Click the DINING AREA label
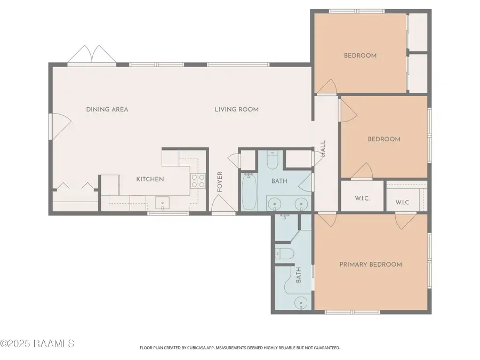pyautogui.click(x=107, y=109)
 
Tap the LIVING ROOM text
pyautogui.click(x=236, y=109)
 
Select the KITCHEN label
pyautogui.click(x=150, y=179)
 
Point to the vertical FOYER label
pyautogui.click(x=219, y=182)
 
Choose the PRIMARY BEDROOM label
pyautogui.click(x=371, y=264)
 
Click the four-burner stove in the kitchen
pyautogui.click(x=198, y=181)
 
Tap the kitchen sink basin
pyautogui.click(x=162, y=203)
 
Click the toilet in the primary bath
pyautogui.click(x=283, y=254)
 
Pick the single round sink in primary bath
pyautogui.click(x=301, y=303)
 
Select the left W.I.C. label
pyautogui.click(x=362, y=198)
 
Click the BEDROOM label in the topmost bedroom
pyautogui.click(x=360, y=55)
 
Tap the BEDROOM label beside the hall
pyautogui.click(x=384, y=139)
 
